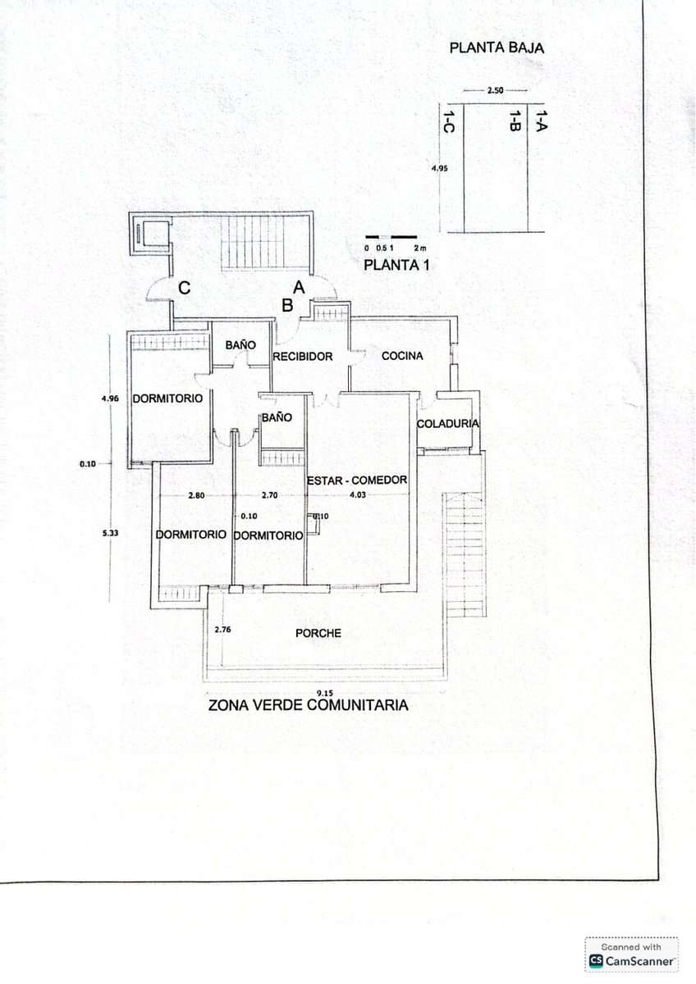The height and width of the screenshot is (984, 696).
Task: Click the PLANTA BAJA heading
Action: tap(497, 48)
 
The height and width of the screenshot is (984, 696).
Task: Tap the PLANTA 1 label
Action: tap(396, 266)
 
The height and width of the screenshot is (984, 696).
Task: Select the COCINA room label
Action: tap(402, 356)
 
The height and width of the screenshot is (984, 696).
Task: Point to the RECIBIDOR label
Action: tap(303, 357)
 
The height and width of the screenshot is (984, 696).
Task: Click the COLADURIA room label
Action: tap(447, 424)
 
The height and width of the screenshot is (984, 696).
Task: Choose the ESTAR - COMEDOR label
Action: tap(356, 481)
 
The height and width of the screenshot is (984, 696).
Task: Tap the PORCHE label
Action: tap(318, 633)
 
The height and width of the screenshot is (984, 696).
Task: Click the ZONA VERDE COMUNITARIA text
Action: tap(309, 705)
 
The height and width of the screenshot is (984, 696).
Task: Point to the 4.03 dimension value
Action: tap(358, 495)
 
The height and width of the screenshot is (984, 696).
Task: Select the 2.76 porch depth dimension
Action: tap(222, 630)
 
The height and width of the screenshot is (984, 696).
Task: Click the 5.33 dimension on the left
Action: tap(110, 533)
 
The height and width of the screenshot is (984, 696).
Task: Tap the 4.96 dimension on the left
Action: tap(110, 399)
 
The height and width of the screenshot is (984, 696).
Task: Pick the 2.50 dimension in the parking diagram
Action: tap(495, 91)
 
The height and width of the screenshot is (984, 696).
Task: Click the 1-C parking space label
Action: tap(448, 121)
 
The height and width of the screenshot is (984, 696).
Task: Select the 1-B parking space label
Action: tap(515, 121)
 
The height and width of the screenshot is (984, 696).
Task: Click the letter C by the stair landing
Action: tap(184, 288)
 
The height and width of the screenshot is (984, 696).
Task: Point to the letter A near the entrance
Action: tap(299, 287)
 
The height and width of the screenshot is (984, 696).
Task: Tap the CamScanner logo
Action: tap(631, 961)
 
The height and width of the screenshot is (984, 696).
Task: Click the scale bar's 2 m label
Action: tap(420, 248)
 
